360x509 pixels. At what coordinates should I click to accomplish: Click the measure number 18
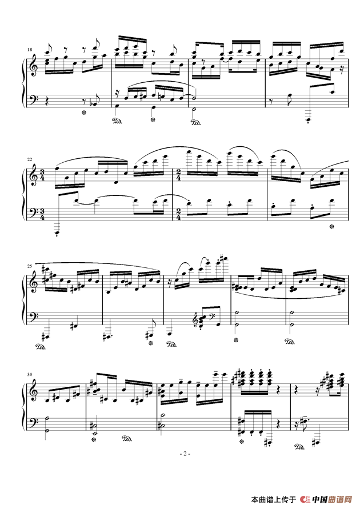pos(30,50)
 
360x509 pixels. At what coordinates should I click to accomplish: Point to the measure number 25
pos(30,267)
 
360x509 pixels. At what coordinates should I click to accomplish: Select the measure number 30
pos(30,374)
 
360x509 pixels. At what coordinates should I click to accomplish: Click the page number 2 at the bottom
pos(185,454)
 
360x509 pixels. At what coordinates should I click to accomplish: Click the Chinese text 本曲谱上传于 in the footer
pos(273,499)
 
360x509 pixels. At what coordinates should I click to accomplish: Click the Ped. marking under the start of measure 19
pos(117,122)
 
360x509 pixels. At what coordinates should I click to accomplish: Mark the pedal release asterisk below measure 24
pos(331,226)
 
